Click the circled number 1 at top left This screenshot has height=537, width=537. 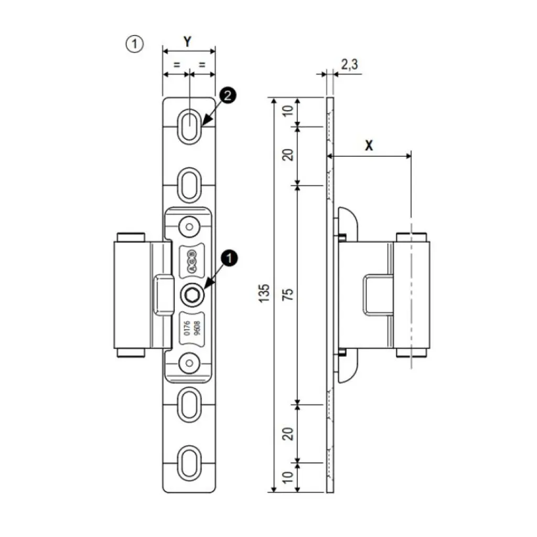[x=134, y=45]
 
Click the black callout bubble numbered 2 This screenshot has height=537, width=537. [x=228, y=95]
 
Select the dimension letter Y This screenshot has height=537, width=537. [x=187, y=41]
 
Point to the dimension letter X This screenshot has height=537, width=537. [x=369, y=146]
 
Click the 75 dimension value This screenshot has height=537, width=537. [x=287, y=294]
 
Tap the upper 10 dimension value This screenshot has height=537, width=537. [x=287, y=112]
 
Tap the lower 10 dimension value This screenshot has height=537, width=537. [x=287, y=478]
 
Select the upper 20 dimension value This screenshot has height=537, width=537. [x=287, y=155]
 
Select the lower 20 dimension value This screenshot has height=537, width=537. [x=287, y=433]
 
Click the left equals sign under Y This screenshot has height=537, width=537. [x=176, y=65]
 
